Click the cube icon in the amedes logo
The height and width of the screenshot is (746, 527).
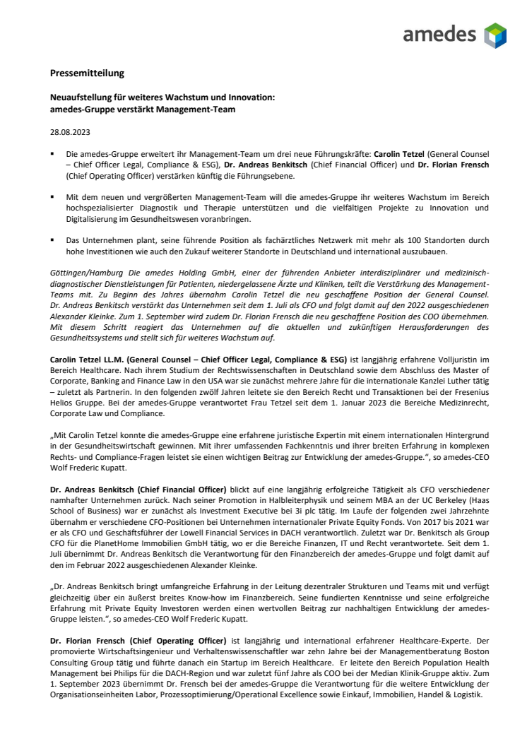(495, 35)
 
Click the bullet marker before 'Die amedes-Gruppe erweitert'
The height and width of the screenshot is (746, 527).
(53, 153)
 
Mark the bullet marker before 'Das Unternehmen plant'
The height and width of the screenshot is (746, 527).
(53, 239)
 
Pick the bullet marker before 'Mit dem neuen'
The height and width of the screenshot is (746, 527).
(53, 196)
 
